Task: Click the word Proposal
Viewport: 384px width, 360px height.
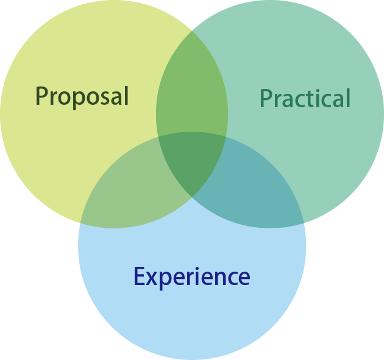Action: point(82,96)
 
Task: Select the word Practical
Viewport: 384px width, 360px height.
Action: point(305,98)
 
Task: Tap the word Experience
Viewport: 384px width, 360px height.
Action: point(191,277)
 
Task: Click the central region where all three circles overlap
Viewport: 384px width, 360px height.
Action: point(191,161)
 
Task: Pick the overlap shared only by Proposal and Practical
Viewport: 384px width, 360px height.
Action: point(191,91)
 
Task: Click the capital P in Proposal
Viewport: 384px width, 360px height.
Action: point(41,96)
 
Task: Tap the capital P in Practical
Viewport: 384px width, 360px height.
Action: point(266,98)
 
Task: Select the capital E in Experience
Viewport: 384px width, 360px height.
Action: point(138,277)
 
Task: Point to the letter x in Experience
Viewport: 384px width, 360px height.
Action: point(151,278)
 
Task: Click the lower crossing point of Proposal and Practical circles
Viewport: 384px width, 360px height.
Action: point(192,197)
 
